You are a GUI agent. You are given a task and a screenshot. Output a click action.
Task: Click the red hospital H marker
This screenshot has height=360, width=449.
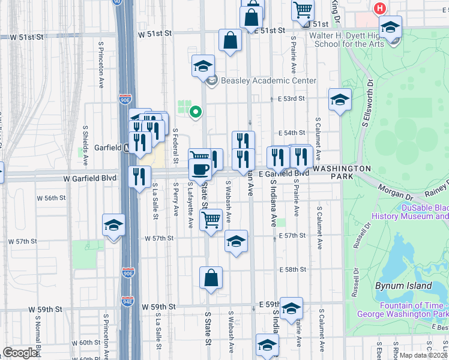pyautogui.click(x=379, y=8)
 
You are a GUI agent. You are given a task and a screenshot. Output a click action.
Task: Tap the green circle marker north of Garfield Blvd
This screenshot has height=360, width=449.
pyautogui.click(x=194, y=112)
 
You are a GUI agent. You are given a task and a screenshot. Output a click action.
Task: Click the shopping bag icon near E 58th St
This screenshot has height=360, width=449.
pyautogui.click(x=211, y=277)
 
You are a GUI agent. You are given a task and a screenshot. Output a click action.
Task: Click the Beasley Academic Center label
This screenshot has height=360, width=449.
pyautogui.click(x=260, y=80)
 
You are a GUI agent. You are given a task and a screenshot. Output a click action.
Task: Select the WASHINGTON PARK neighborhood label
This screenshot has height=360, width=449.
pyautogui.click(x=342, y=169)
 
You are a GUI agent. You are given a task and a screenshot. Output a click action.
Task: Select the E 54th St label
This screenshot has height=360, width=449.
pyautogui.click(x=292, y=133)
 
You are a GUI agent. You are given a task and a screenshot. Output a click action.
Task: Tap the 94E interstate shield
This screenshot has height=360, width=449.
pyautogui.click(x=127, y=301)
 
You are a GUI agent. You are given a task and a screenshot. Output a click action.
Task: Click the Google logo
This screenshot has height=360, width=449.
pyautogui.click(x=20, y=353)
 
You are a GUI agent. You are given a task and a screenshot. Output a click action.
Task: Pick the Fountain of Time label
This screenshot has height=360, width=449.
pyautogui.click(x=403, y=309)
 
